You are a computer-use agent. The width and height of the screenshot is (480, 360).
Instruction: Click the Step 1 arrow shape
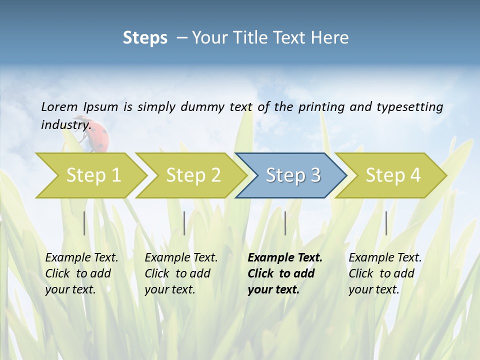click(93, 175)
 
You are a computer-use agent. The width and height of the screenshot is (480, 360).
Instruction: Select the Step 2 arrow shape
click(193, 175)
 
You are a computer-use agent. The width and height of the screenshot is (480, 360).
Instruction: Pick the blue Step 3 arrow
click(293, 175)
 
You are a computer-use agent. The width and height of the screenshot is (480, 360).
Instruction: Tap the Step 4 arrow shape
click(393, 175)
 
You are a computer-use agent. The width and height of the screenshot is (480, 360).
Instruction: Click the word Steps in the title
click(145, 37)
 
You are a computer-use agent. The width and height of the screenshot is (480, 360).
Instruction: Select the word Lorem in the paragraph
click(59, 106)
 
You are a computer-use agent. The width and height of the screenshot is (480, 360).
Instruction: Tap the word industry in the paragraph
click(65, 124)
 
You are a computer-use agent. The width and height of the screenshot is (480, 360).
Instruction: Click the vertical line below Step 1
click(84, 223)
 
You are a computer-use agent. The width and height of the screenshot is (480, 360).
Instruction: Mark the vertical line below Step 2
click(184, 223)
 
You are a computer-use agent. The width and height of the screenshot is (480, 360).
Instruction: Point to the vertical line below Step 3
click(285, 223)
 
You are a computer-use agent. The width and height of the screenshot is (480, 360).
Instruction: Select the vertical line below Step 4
click(386, 223)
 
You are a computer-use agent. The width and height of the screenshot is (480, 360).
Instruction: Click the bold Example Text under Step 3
click(285, 257)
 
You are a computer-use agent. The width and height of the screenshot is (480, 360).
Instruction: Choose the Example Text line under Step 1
click(81, 257)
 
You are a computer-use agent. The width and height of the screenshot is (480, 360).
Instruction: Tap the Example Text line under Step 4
click(385, 257)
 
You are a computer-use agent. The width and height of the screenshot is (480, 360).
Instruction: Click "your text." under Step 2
click(169, 289)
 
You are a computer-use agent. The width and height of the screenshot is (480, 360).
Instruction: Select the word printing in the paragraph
click(320, 107)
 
